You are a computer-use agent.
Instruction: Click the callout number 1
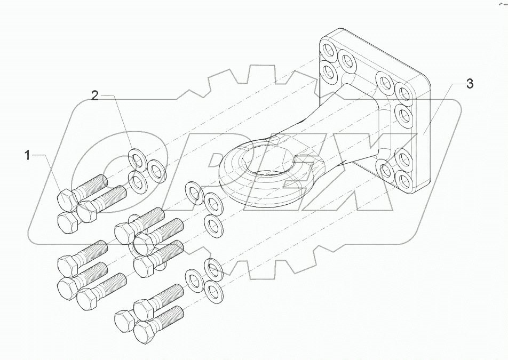(x=28, y=156)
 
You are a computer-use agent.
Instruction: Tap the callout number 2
(x=94, y=96)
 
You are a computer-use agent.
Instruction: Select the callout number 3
(x=469, y=83)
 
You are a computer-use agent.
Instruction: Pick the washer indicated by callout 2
(x=138, y=158)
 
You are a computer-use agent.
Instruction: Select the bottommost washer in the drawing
(x=214, y=290)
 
